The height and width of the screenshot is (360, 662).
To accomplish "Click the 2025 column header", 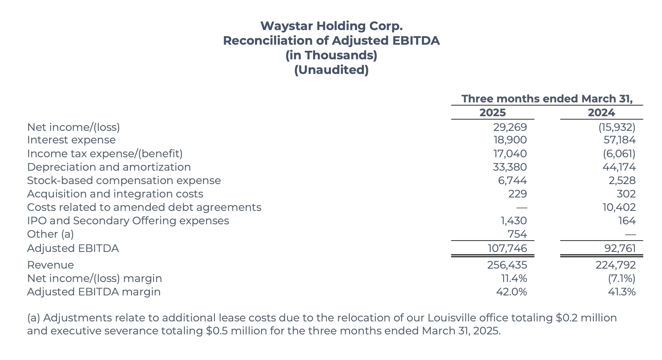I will click(492, 113).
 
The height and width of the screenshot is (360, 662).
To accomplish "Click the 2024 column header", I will click(601, 113).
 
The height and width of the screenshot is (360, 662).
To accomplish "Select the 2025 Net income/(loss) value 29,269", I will click(510, 127).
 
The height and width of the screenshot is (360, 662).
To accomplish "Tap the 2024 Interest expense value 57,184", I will click(619, 140).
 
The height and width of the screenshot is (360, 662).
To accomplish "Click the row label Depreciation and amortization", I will click(109, 167).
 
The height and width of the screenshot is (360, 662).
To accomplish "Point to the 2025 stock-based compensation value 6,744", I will click(512, 180).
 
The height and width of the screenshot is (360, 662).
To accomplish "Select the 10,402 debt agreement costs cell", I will click(619, 207).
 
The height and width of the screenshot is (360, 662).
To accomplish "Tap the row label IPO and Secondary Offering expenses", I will click(128, 221).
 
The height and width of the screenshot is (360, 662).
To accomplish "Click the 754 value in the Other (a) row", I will click(517, 234).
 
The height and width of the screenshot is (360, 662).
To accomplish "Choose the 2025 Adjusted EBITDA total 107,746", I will click(507, 248).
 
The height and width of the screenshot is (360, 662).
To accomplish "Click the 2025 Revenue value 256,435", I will click(507, 265).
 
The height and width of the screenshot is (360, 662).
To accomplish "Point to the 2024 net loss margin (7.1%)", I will click(621, 278).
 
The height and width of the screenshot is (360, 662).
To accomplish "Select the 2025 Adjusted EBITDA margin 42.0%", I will click(511, 292).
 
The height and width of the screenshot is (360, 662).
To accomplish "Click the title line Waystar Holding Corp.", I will click(331, 26).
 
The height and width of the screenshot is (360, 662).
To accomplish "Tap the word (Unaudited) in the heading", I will click(331, 70).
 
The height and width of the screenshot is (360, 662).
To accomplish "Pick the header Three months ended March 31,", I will click(547, 99).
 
